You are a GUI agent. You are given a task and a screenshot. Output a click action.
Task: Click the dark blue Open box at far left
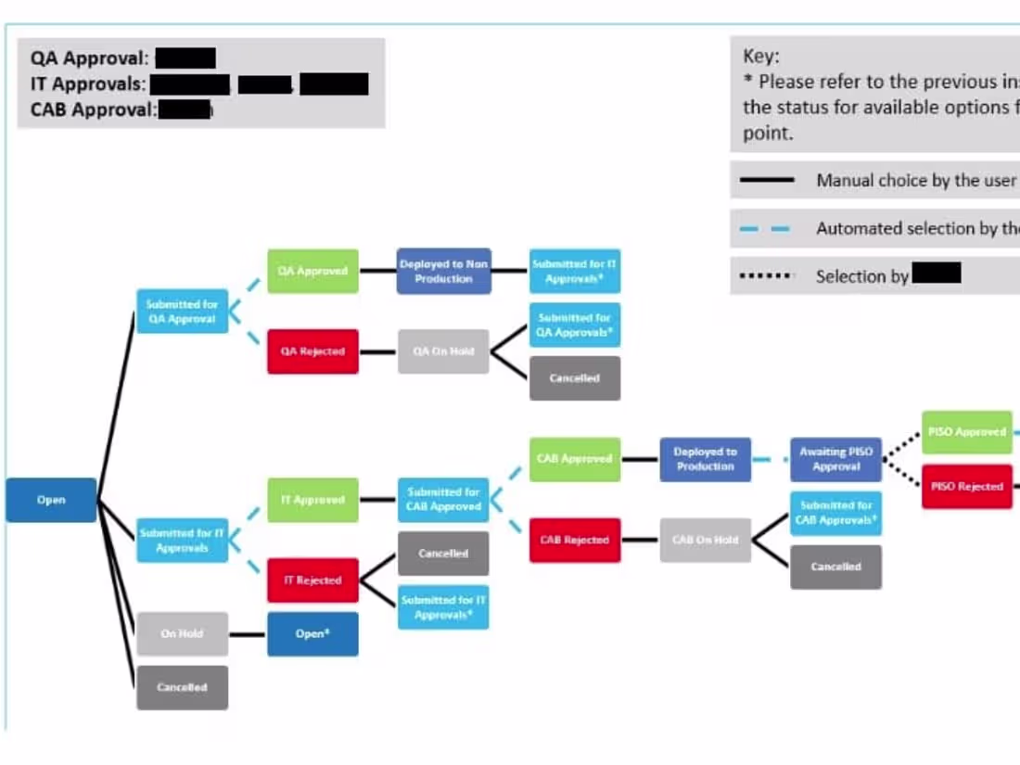51,500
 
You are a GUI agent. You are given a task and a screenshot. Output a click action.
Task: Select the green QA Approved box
312,271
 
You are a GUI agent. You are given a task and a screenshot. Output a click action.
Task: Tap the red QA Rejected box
312,351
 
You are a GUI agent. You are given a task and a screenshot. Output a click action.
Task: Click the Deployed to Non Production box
443,271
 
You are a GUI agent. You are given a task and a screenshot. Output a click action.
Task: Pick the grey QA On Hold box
443,351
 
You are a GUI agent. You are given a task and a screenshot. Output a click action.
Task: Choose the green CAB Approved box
575,459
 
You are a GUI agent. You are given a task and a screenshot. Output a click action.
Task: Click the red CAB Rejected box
575,540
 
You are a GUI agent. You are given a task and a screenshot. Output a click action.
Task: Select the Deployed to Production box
706,459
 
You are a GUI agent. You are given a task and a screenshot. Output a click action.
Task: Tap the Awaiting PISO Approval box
835,459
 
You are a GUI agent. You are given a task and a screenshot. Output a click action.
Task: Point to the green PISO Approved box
966,432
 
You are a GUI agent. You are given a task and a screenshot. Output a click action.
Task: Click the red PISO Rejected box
966,486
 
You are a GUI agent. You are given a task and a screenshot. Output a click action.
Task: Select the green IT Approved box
312,500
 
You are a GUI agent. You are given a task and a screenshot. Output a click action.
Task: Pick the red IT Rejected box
312,580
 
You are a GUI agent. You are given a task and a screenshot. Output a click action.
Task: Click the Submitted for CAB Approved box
443,500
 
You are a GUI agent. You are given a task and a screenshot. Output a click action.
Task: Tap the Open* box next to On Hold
312,634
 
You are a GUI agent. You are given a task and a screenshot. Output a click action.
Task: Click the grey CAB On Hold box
706,540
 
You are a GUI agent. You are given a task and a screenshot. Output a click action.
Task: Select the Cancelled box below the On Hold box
182,687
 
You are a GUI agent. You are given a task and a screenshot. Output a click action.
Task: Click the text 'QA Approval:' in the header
89,58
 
